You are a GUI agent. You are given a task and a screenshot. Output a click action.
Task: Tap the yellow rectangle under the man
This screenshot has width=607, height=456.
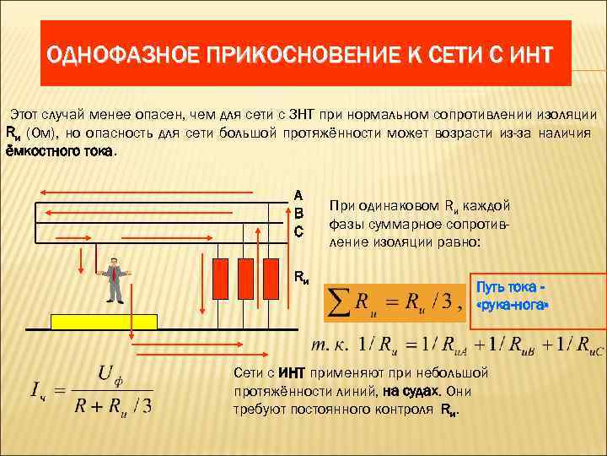[x=105, y=321]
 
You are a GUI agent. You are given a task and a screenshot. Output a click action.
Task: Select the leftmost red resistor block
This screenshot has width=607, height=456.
[x=223, y=274]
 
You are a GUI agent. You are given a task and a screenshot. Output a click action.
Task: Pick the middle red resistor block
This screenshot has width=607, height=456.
[x=245, y=274]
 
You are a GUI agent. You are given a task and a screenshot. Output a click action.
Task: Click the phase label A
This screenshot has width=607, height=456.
[x=298, y=193]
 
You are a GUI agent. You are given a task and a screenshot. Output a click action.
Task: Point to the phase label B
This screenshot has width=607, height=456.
[x=298, y=211]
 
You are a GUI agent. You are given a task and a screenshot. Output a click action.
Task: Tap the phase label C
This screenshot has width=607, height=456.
[x=298, y=229]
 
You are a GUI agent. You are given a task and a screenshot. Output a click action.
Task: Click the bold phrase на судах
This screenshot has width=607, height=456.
[x=411, y=391]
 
